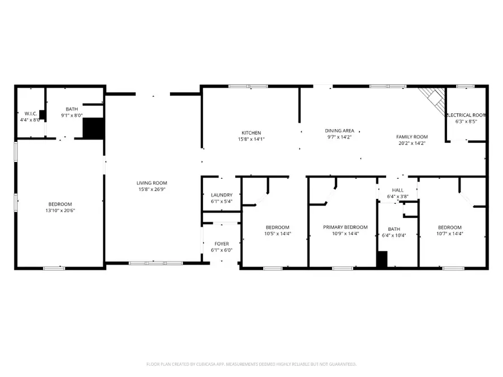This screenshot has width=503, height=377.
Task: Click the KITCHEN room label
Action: [x=251, y=132]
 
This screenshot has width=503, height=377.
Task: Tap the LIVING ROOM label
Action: [x=152, y=183]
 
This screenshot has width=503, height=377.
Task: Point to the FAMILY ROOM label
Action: [x=411, y=136]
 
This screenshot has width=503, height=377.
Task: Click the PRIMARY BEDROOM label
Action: [x=345, y=227]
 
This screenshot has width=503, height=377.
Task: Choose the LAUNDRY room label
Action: [x=221, y=194]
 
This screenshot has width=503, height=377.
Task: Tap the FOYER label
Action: [x=222, y=244]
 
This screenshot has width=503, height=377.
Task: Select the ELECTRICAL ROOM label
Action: [x=466, y=114]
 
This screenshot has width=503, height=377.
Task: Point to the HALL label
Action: [x=397, y=190]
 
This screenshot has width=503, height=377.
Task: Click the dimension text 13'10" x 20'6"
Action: [x=60, y=211]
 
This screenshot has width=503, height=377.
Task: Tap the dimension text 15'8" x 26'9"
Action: [x=152, y=189]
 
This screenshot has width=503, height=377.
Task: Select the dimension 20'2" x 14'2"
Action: [x=411, y=143]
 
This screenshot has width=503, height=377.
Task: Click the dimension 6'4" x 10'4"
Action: [x=394, y=235]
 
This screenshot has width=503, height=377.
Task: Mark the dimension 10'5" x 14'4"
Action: [x=277, y=233]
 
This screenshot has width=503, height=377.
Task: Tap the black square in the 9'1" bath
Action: [x=93, y=128]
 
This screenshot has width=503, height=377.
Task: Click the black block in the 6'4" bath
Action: [x=382, y=259]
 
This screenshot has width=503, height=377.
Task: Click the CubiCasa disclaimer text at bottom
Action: [x=251, y=364]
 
